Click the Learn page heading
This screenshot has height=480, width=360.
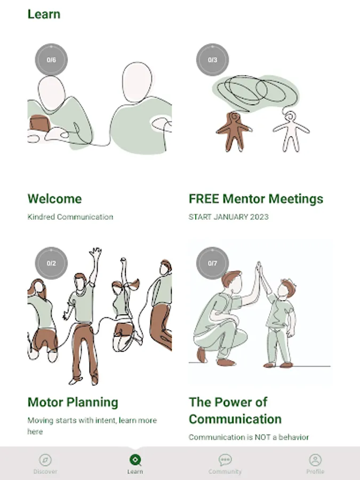[44, 14]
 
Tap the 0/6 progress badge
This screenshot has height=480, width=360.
[51, 60]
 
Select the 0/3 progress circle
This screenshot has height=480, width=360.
[212, 60]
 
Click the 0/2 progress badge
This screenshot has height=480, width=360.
[51, 263]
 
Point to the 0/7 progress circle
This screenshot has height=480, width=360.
[212, 263]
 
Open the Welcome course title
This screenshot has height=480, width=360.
[54, 199]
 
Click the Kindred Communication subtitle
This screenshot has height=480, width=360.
[70, 217]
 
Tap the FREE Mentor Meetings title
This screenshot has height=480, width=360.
[256, 199]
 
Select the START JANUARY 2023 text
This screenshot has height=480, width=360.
[229, 217]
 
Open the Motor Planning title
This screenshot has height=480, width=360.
[73, 402]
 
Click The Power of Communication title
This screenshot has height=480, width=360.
[235, 411]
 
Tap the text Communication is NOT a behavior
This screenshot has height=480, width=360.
[249, 437]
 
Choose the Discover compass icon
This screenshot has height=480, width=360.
[45, 460]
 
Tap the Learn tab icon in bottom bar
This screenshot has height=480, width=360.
[135, 460]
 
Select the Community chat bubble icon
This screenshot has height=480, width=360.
[225, 460]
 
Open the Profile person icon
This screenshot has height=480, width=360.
[315, 460]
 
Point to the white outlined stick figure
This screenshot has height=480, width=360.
[291, 132]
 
